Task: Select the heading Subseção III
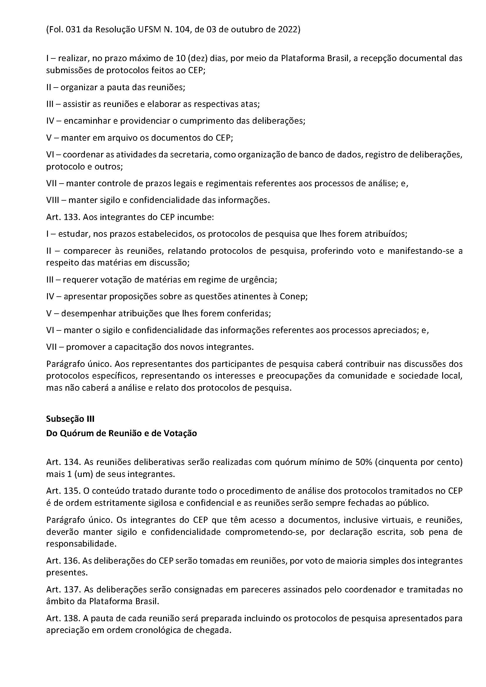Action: tap(70, 419)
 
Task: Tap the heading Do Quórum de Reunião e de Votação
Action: tap(122, 433)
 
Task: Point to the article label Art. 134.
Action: tap(63, 462)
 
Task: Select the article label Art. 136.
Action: tap(63, 560)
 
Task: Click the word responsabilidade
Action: tap(81, 544)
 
